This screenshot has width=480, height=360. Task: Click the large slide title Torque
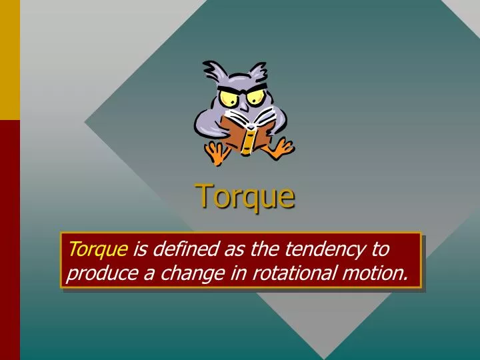(x=245, y=196)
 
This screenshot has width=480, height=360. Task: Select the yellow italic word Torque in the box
(x=97, y=250)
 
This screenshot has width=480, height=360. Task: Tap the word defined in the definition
(x=174, y=250)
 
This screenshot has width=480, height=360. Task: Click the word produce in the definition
(x=98, y=273)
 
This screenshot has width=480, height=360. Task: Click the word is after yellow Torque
(x=139, y=250)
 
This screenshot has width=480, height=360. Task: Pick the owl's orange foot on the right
(x=283, y=148)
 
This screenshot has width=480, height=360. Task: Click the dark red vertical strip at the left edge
(x=9, y=240)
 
